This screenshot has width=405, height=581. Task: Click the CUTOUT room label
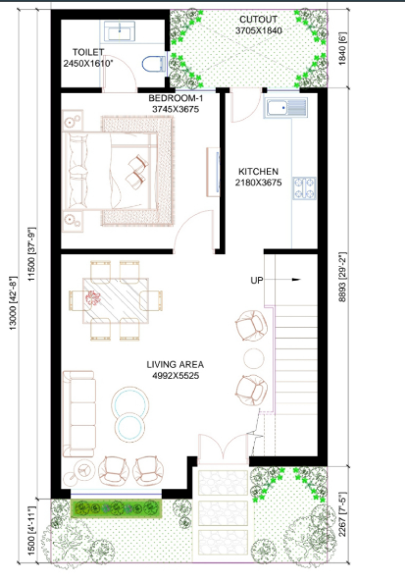pyautogui.click(x=257, y=19)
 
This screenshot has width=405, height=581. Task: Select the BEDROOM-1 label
pyautogui.click(x=175, y=99)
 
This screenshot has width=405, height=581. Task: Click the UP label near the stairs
pyautogui.click(x=257, y=281)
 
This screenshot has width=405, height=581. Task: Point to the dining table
pyautogui.click(x=109, y=299)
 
